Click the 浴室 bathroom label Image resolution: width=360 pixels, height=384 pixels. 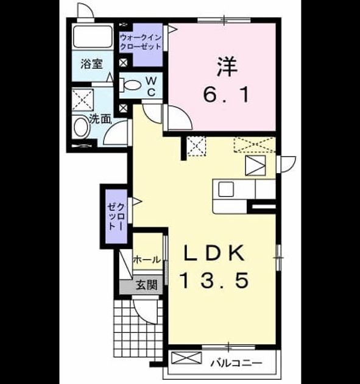(91, 64)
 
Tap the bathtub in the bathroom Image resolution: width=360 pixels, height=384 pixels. (93, 37)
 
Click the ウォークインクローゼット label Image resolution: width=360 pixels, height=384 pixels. (141, 42)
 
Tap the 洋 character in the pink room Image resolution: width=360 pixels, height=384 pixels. (227, 67)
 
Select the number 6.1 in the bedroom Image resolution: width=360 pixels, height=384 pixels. (227, 95)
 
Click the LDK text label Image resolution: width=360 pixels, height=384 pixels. (214, 253)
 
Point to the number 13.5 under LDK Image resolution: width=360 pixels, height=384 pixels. (214, 280)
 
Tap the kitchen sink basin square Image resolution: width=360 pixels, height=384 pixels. (225, 190)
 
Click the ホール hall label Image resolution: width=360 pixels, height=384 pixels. (147, 259)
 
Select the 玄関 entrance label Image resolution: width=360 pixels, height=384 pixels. (146, 285)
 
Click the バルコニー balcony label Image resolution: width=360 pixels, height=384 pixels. (236, 363)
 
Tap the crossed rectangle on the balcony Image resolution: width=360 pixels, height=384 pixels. (186, 358)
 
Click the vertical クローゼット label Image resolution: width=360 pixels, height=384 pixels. (116, 216)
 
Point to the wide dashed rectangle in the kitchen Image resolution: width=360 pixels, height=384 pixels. (255, 144)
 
